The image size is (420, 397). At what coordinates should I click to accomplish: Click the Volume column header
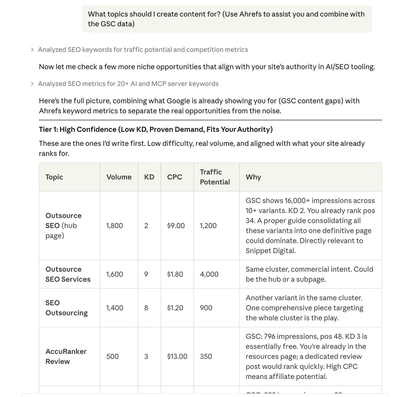pos(119,177)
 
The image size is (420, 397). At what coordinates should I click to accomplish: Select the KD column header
pos(149,177)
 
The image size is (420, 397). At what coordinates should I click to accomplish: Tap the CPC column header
pos(174,177)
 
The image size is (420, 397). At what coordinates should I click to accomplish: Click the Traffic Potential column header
pos(215,177)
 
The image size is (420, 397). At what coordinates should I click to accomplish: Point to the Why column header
pos(253,177)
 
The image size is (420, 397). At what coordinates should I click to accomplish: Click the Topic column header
pos(54,177)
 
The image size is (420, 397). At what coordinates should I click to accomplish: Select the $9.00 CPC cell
pos(176,226)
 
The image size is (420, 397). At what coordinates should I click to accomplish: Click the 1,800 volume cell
pos(114,226)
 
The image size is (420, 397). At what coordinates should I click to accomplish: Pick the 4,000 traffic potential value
pos(209,274)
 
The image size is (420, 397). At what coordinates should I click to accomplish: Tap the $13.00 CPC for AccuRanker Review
pos(177,356)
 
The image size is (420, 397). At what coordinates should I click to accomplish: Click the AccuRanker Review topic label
pos(66,356)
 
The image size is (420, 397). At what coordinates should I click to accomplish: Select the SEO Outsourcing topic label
pos(66,308)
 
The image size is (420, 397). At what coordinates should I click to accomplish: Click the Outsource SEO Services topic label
pos(68,274)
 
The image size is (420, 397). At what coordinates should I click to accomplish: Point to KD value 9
pos(146,274)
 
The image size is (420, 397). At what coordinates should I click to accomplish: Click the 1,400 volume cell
pos(115,308)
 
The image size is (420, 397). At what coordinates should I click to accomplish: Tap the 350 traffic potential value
pos(206,356)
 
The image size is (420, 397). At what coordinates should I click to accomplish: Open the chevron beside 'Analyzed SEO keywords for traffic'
pos(32,50)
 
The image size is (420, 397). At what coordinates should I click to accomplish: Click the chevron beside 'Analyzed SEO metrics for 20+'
pos(32,84)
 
